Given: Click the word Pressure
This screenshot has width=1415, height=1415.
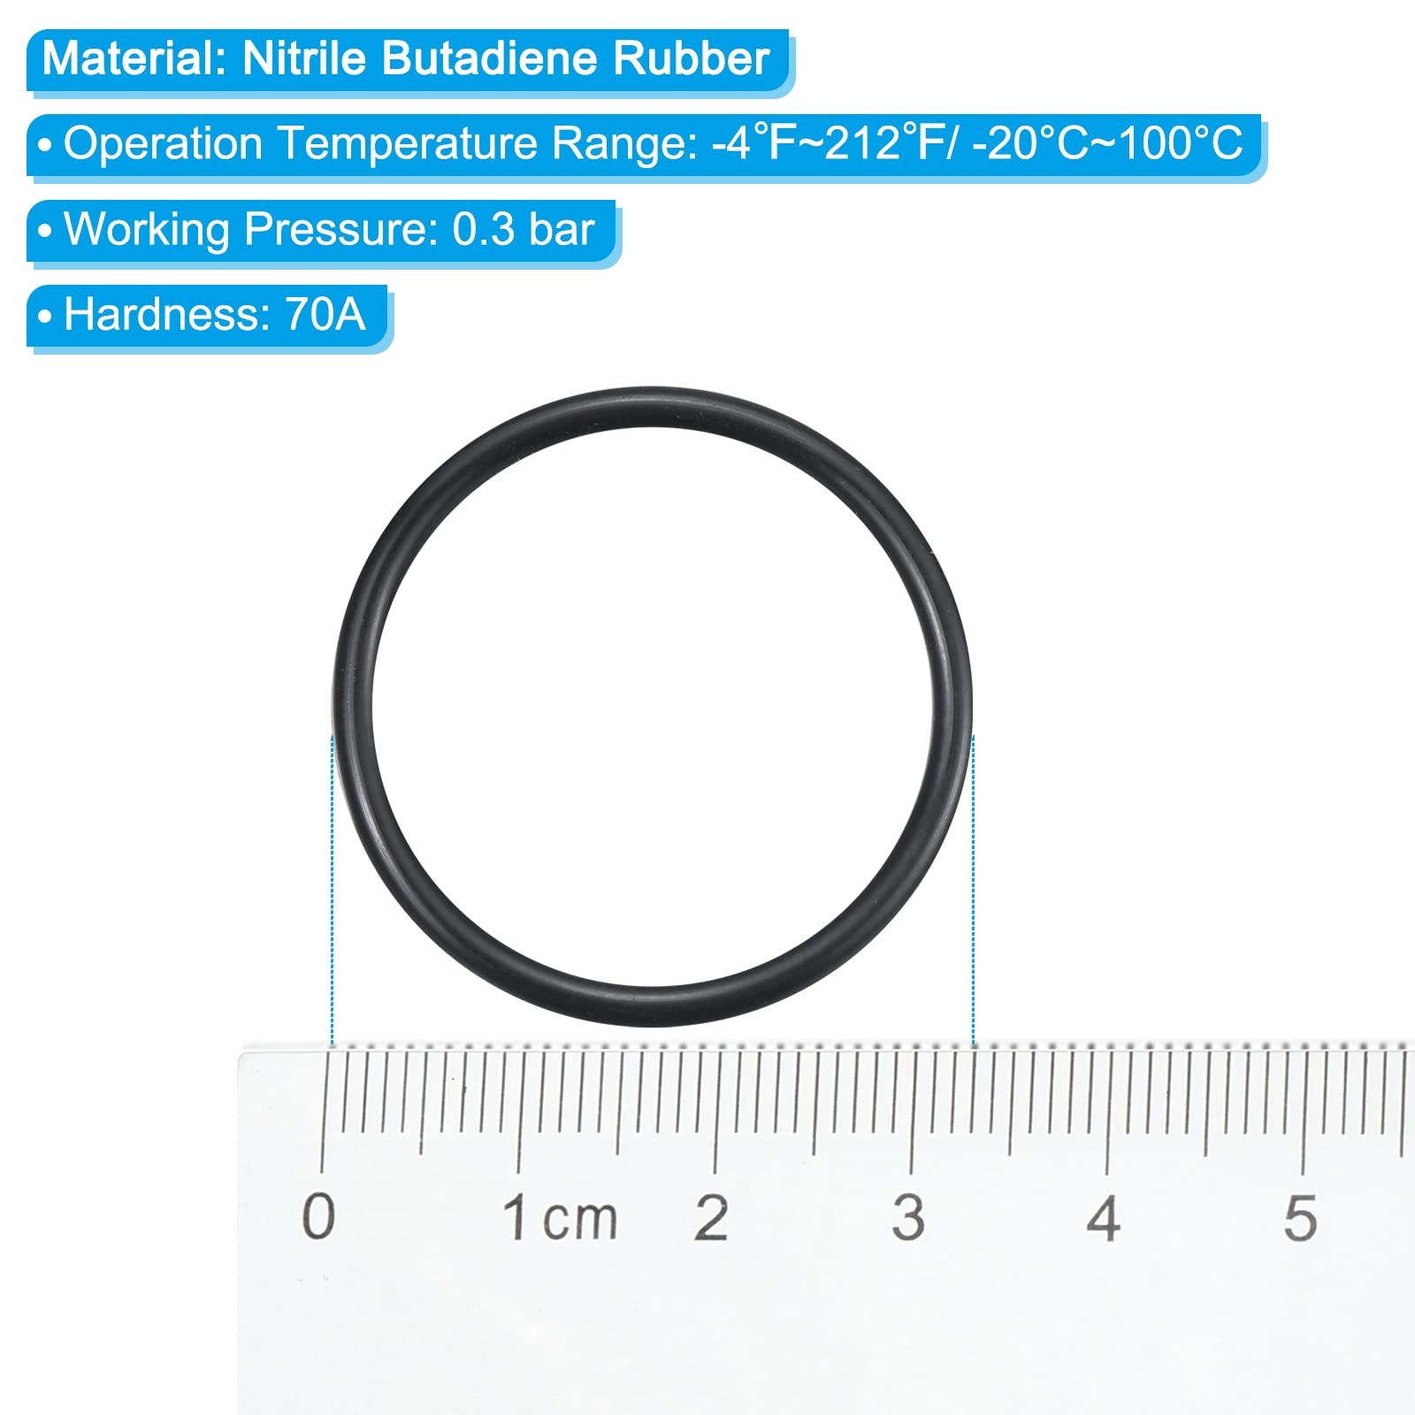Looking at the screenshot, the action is [x=341, y=229].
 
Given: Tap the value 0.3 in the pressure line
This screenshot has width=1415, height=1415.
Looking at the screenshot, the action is [x=484, y=229].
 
